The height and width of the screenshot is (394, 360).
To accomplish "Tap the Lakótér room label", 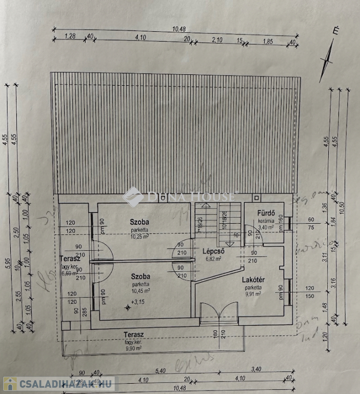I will click(253, 280).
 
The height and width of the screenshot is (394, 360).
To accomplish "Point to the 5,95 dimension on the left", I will click(7, 262).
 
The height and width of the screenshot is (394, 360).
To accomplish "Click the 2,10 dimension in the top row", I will click(217, 39).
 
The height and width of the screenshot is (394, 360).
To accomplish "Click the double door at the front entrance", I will click(219, 313).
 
